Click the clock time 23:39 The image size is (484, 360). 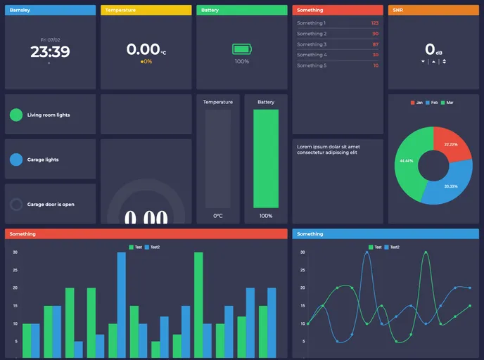[x=50, y=52]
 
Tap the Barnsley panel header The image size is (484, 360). [x=50, y=10]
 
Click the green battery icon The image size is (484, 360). [x=241, y=49]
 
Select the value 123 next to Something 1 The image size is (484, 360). [x=375, y=23]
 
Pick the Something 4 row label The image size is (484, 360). [x=311, y=55]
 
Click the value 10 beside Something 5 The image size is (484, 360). [x=376, y=65]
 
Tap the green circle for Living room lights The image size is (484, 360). [x=16, y=115]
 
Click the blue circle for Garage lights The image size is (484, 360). [x=16, y=160]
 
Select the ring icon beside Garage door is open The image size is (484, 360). [x=16, y=205]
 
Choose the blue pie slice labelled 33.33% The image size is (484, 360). [x=450, y=185]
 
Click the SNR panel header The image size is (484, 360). [x=433, y=10]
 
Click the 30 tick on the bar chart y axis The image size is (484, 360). [x=15, y=252]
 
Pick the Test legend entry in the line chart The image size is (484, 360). [x=375, y=247]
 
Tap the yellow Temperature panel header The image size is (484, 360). [x=146, y=10]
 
